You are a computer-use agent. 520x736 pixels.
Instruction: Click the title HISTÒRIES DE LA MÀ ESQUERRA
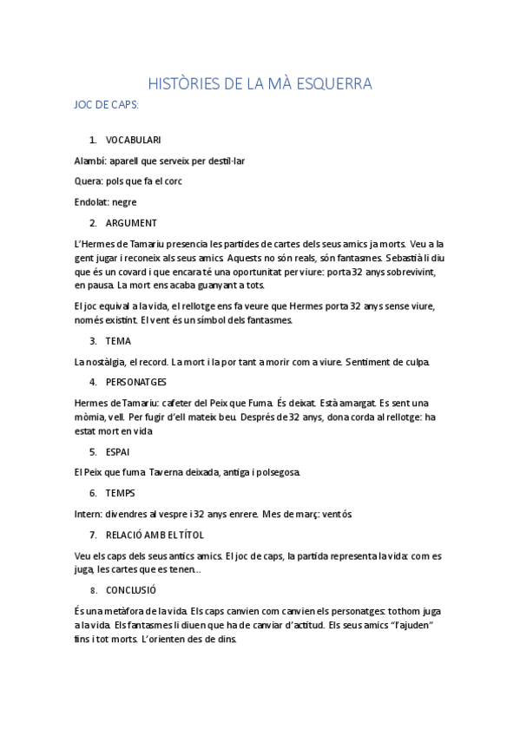pyautogui.click(x=260, y=84)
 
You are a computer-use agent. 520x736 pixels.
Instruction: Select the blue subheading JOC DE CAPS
pyautogui.click(x=108, y=104)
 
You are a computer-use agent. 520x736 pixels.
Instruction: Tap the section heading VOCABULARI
pyautogui.click(x=133, y=140)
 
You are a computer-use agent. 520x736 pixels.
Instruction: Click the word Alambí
pyautogui.click(x=90, y=161)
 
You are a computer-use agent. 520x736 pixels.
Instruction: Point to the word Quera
pyautogui.click(x=88, y=181)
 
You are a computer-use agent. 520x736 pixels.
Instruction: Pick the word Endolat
pyautogui.click(x=92, y=202)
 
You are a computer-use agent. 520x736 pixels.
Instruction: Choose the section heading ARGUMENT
pyautogui.click(x=131, y=223)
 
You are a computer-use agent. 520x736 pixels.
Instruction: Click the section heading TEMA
pyautogui.click(x=118, y=341)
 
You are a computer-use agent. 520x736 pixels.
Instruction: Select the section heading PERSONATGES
pyautogui.click(x=136, y=383)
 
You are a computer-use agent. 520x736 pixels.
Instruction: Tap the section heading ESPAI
pyautogui.click(x=119, y=452)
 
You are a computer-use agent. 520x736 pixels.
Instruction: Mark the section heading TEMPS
pyautogui.click(x=120, y=494)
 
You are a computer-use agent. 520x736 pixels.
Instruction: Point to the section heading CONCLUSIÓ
pyautogui.click(x=130, y=590)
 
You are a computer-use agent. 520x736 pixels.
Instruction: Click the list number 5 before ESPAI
pyautogui.click(x=93, y=452)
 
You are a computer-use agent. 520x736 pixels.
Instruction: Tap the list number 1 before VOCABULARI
pyautogui.click(x=93, y=140)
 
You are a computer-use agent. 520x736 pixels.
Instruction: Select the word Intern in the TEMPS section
pyautogui.click(x=89, y=515)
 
